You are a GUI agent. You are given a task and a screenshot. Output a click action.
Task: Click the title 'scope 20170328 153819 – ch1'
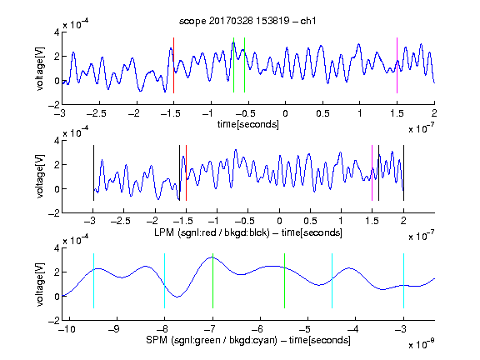[247, 21]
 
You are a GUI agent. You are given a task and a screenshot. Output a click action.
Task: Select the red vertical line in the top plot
[173, 65]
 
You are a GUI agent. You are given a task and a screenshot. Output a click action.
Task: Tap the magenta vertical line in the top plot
[397, 65]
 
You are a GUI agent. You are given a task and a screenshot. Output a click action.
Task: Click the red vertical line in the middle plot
[186, 173]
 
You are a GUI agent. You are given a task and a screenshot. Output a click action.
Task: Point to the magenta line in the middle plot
[372, 173]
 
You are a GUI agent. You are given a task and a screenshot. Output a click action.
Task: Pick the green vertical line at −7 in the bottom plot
[212, 281]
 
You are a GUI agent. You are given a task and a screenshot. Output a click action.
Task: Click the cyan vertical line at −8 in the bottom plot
[164, 281]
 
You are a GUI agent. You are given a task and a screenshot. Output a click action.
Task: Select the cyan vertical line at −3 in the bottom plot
[403, 281]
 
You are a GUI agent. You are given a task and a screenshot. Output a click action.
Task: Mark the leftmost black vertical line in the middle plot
[93, 173]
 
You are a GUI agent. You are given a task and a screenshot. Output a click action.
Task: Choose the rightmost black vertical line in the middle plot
[403, 173]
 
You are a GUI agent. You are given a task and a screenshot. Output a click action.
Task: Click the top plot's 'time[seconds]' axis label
[248, 124]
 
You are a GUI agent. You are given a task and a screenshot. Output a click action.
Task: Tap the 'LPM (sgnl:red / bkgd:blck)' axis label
[212, 232]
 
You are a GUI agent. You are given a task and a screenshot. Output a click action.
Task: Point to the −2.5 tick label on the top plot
[96, 113]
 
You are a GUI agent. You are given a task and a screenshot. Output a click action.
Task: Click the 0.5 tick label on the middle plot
[310, 221]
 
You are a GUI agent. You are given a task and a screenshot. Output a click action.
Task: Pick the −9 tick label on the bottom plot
[114, 329]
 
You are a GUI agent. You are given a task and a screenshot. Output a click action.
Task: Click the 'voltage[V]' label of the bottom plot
[40, 284]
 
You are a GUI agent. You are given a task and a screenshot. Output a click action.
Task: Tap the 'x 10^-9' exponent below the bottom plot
[422, 344]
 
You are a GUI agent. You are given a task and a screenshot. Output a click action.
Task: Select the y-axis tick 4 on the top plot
[57, 32]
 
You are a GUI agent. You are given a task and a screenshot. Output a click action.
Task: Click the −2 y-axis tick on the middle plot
[54, 213]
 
